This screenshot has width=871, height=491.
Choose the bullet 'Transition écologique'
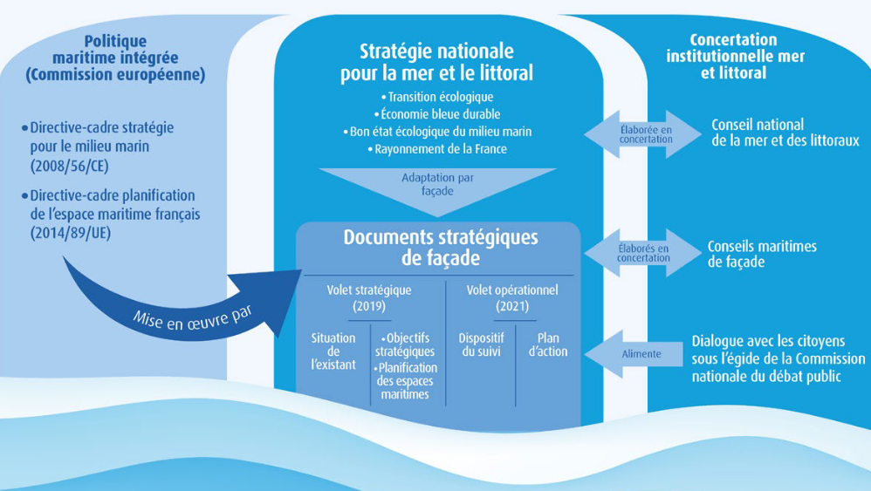(437, 97)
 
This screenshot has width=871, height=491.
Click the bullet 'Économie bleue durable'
(437, 114)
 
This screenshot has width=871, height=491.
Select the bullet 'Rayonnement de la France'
(437, 149)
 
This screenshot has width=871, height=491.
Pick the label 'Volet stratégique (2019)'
(368, 297)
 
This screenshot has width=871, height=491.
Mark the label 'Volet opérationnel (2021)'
(512, 297)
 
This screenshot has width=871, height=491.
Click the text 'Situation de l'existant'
(333, 351)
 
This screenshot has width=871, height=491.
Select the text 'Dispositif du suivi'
(481, 344)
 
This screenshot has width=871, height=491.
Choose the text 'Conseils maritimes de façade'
(762, 254)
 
